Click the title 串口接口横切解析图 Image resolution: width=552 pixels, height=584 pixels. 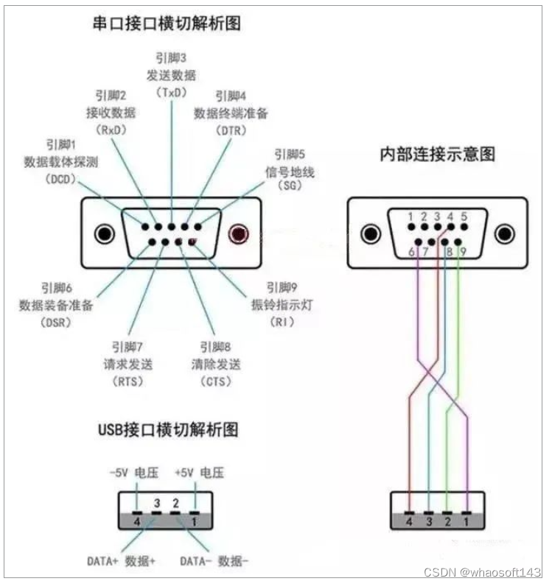[x=167, y=24]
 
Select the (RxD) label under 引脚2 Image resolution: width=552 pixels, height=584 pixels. [x=112, y=130]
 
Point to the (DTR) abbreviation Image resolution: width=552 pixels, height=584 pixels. [x=230, y=130]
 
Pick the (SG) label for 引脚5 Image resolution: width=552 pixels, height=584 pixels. [x=290, y=186]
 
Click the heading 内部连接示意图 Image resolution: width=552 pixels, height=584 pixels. [x=437, y=155]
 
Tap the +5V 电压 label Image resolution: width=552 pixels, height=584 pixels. [x=199, y=472]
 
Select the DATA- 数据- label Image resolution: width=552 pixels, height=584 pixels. [x=214, y=560]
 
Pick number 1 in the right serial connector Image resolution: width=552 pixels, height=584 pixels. [x=410, y=217]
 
